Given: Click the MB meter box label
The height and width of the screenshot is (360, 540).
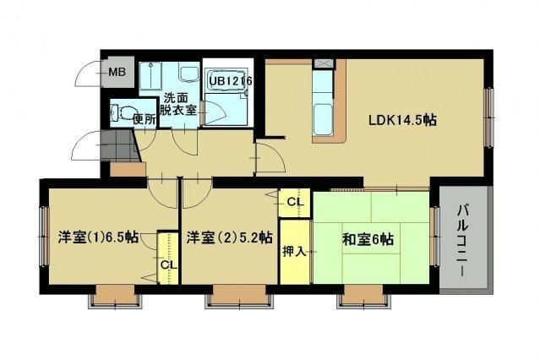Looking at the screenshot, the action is coord(117,73).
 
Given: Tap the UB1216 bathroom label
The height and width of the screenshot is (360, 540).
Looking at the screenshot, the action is coord(231,81).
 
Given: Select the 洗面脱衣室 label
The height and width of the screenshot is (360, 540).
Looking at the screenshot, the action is coord(177,104).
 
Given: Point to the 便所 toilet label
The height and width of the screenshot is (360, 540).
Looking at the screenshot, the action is coord(145,119).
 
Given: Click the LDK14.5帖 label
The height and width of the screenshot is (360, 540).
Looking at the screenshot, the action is coord(402,120).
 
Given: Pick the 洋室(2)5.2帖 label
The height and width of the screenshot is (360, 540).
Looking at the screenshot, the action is coord(230,237).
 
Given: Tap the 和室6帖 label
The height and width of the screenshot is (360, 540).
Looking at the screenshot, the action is coord(368,239).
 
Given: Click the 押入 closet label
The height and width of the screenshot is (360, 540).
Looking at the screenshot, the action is coord(294,252).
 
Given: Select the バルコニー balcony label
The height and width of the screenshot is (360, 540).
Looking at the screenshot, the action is coord(465,240).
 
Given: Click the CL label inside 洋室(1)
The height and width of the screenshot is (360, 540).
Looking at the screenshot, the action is coord(169,265).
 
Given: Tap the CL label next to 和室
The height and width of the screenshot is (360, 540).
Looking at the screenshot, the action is coord(296,202).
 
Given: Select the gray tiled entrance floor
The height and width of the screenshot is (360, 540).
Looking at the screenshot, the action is coord(119,145).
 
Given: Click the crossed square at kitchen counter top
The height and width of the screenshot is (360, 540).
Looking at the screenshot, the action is coord(323,63).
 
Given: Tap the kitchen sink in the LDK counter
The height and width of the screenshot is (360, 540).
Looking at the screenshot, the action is coord(323,119).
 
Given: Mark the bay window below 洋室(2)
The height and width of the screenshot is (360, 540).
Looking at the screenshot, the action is coord(239,296).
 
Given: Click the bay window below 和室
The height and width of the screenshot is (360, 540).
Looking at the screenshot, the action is coord(363,296).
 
